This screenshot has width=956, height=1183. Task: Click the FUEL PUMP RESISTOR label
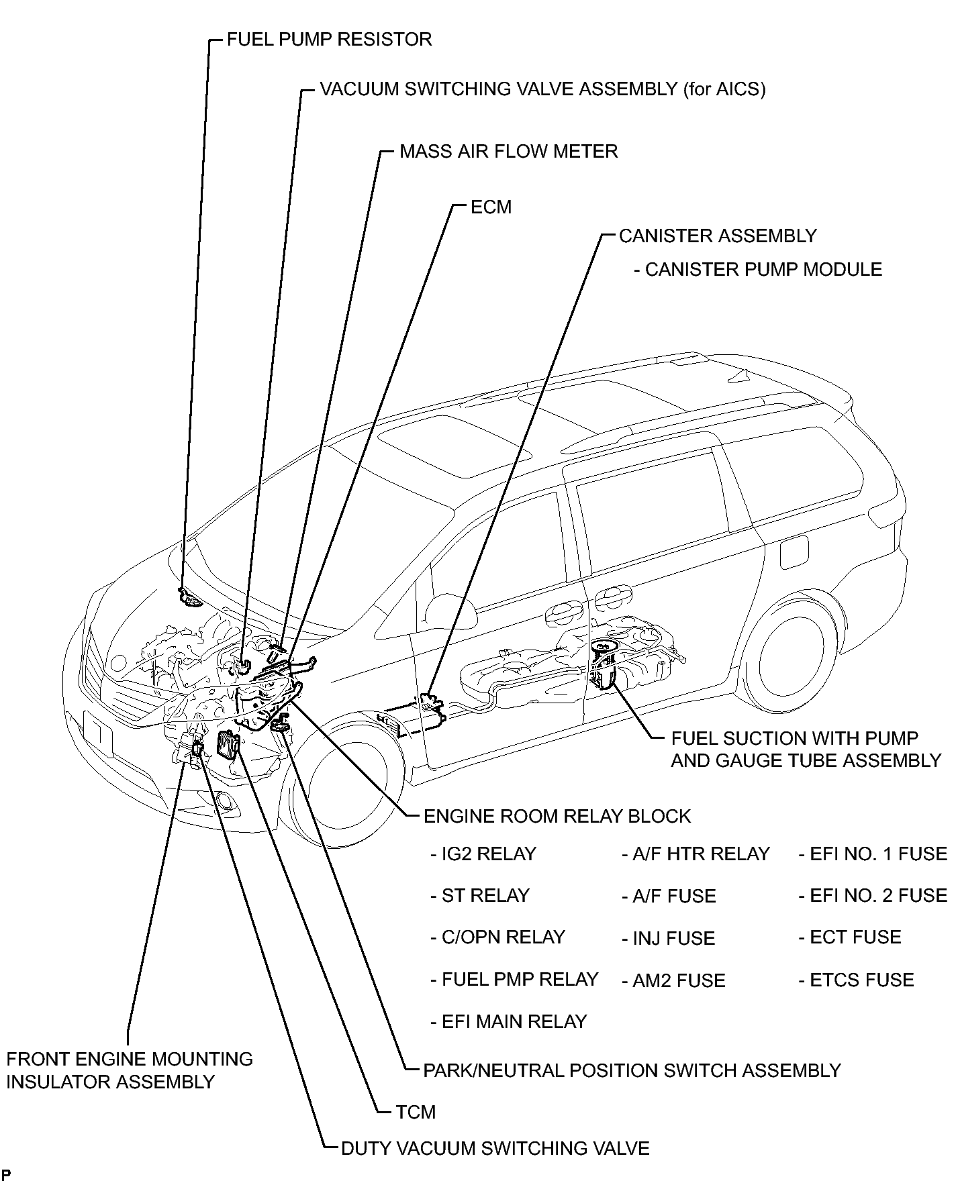(329, 39)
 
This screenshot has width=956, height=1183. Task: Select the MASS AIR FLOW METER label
(508, 151)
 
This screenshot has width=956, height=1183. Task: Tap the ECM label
(491, 207)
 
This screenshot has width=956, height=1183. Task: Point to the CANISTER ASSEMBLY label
(718, 236)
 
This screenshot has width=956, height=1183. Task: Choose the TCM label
(416, 1112)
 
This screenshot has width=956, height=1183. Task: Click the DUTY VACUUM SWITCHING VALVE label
(495, 1148)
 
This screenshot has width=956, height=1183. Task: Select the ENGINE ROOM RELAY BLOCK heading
(557, 816)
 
